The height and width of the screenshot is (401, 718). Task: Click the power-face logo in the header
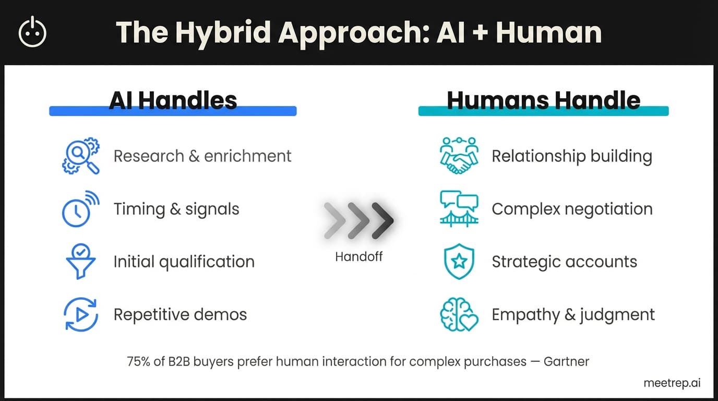32,32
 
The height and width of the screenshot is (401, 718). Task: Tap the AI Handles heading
173,100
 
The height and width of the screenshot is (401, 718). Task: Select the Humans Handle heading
543,100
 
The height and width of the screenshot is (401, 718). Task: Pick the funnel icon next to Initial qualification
80,262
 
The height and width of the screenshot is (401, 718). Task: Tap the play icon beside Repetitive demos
80,315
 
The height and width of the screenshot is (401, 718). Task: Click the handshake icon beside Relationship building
459,156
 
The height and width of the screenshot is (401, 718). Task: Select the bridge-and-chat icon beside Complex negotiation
459,209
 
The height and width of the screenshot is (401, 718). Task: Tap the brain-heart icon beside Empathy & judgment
459,315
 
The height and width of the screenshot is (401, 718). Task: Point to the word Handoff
358,256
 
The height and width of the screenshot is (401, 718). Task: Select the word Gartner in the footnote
567,361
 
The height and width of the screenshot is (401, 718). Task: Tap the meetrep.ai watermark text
672,383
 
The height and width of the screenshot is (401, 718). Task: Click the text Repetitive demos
180,315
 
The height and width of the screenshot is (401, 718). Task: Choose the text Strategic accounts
564,262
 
